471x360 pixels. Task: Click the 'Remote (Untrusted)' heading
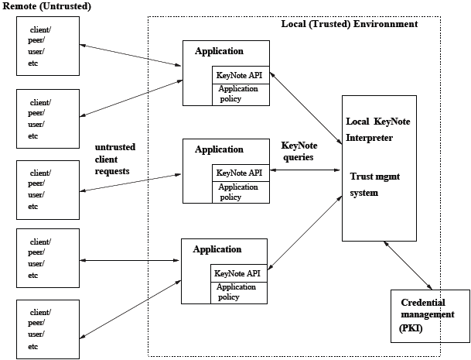tap(47, 7)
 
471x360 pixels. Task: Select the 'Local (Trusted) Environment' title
tap(349, 24)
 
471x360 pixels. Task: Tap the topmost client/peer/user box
tap(48, 46)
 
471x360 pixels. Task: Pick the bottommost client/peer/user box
tap(48, 329)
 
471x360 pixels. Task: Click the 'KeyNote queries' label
tap(298, 150)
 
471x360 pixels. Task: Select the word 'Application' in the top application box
tap(219, 52)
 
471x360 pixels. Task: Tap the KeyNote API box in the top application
tap(241, 75)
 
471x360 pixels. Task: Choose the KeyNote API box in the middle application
tap(241, 173)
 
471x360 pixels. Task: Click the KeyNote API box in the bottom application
tap(240, 273)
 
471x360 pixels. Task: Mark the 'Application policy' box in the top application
tap(241, 94)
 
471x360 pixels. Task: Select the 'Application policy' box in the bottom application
tap(239, 292)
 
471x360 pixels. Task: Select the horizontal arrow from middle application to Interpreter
tap(305, 169)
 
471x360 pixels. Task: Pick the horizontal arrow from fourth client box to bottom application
tap(130, 260)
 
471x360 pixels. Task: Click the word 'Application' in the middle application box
tap(219, 149)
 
